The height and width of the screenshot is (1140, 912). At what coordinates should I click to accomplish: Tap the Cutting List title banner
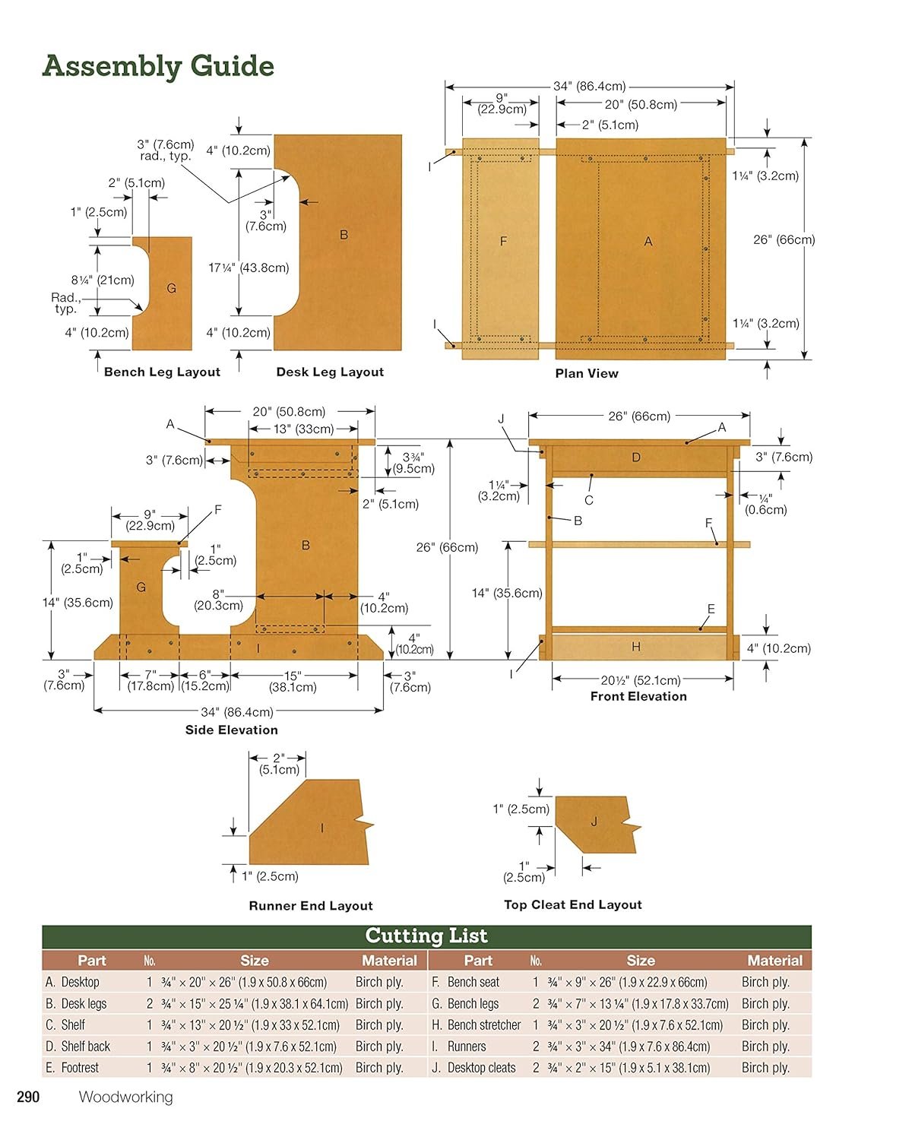(x=426, y=936)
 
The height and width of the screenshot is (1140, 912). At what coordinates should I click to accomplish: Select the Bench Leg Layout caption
(x=162, y=372)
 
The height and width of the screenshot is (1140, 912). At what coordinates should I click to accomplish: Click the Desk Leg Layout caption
(x=330, y=372)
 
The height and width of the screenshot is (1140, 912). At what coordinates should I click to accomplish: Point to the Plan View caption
(x=587, y=373)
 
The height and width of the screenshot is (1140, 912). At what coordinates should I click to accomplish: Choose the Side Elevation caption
(x=232, y=730)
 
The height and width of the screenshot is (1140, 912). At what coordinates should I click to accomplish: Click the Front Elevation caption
(x=638, y=697)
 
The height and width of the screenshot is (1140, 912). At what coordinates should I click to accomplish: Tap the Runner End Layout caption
(x=311, y=906)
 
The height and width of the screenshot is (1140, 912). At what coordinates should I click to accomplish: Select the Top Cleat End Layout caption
(x=573, y=905)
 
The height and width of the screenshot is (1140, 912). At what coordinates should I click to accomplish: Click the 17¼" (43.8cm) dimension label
(x=249, y=268)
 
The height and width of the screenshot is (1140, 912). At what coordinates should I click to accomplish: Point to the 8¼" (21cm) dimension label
(x=103, y=280)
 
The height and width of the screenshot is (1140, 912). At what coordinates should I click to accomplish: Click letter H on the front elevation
(x=636, y=647)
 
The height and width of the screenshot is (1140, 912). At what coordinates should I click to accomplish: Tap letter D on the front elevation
(x=636, y=458)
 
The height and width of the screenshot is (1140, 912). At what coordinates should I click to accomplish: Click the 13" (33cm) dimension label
(x=304, y=429)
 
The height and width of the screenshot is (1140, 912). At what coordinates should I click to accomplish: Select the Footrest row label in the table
(x=72, y=1068)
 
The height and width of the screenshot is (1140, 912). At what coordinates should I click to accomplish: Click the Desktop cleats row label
(x=473, y=1068)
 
